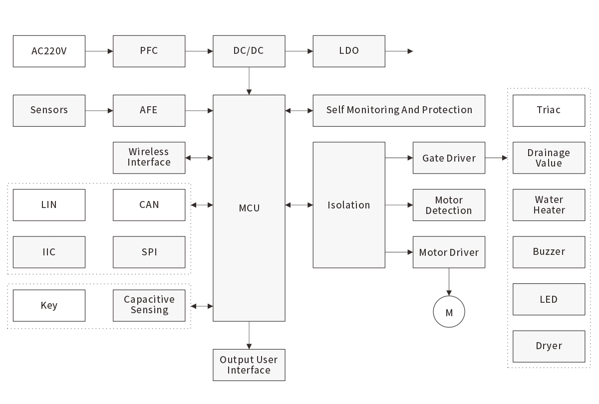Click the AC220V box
tap(49, 51)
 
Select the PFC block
tap(149, 51)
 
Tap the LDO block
tap(348, 51)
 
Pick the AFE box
tap(149, 110)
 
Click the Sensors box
tap(49, 110)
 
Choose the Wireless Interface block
tap(149, 158)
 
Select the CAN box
tap(149, 204)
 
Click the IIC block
tap(49, 252)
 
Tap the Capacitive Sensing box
tap(149, 305)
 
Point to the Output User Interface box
tap(249, 365)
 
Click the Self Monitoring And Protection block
tap(399, 110)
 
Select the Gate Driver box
tap(449, 158)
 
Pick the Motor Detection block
tap(449, 205)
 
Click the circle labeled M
tap(449, 313)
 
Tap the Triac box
tap(549, 110)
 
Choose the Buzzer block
tap(549, 252)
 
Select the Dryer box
tap(549, 346)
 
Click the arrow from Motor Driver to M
tap(449, 282)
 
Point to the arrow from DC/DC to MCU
tap(249, 81)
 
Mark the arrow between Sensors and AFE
tap(99, 111)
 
